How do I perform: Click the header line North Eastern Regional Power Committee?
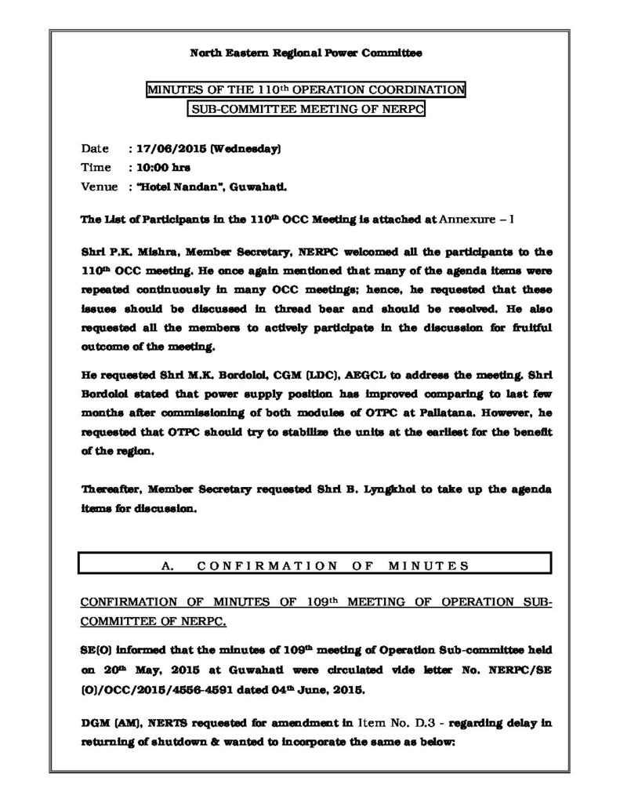click(x=306, y=53)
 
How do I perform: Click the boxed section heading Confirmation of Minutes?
click(x=314, y=564)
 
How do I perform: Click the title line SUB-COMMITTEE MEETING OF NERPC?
click(x=306, y=110)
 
